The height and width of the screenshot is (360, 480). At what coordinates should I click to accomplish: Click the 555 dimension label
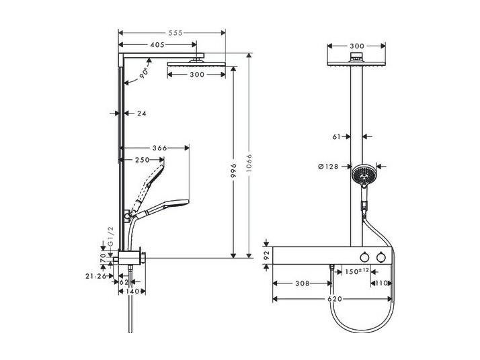(175, 33)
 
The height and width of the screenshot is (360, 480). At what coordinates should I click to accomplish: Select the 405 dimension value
(158, 44)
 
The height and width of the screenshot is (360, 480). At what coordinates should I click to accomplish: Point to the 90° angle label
(144, 73)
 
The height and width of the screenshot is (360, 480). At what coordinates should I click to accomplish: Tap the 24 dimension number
(142, 114)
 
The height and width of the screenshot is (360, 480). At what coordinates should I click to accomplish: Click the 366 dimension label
(160, 148)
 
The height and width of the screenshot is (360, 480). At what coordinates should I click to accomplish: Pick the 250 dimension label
(143, 160)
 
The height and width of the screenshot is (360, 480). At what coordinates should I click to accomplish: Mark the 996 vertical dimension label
(233, 171)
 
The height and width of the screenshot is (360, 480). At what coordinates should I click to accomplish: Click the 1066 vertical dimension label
(249, 163)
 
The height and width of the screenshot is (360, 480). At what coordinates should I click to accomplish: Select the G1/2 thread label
(111, 236)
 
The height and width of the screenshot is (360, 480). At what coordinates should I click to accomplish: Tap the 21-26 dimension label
(96, 276)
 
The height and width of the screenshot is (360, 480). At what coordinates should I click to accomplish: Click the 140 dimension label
(133, 291)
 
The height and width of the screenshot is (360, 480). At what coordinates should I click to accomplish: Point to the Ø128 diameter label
(328, 167)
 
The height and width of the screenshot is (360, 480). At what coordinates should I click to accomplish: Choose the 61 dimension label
(337, 137)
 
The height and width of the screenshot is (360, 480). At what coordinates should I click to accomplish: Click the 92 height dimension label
(266, 255)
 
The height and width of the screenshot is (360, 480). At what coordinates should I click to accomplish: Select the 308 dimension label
(302, 283)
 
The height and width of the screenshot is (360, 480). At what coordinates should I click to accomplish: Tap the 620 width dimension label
(335, 299)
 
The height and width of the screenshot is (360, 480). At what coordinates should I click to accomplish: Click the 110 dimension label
(382, 283)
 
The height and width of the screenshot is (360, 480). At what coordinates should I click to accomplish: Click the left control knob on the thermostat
(364, 257)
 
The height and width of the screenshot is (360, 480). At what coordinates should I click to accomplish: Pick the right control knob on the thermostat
(381, 257)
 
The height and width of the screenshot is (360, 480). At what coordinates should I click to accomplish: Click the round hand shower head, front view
(364, 175)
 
